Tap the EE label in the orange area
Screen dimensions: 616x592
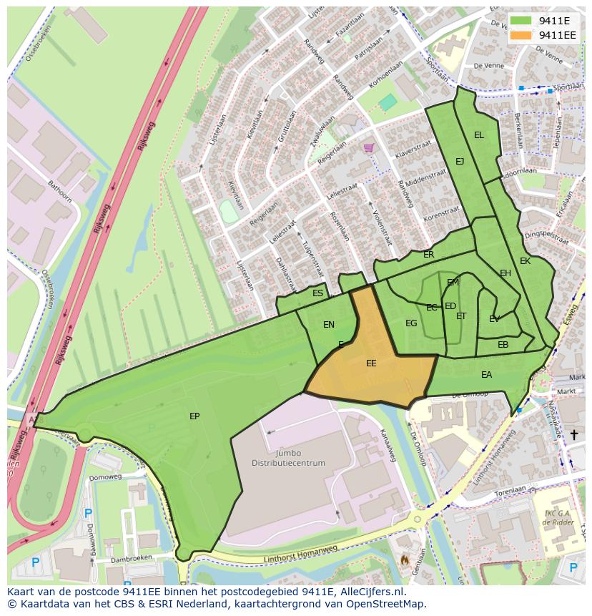(x=371, y=363)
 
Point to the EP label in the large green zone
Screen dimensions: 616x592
(x=194, y=416)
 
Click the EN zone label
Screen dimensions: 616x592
(x=329, y=325)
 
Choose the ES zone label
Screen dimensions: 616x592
(x=318, y=293)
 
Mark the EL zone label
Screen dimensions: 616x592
(x=479, y=135)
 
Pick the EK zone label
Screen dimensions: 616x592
(x=526, y=261)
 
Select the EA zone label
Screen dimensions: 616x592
(x=487, y=375)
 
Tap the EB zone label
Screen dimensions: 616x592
(x=503, y=345)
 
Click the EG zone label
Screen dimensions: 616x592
(x=411, y=323)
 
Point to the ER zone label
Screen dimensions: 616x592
(x=429, y=255)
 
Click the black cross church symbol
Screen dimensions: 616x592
(x=573, y=434)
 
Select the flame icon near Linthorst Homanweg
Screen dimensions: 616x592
(x=405, y=559)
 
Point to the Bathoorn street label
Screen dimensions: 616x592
(x=59, y=193)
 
